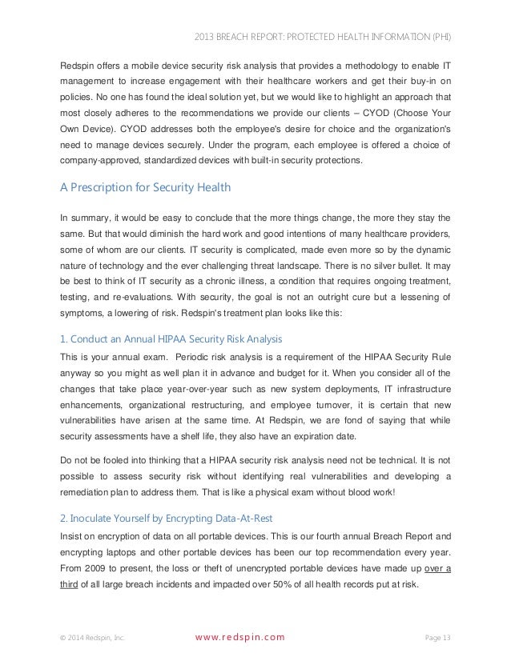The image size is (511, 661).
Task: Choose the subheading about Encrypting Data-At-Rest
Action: point(160,494)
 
